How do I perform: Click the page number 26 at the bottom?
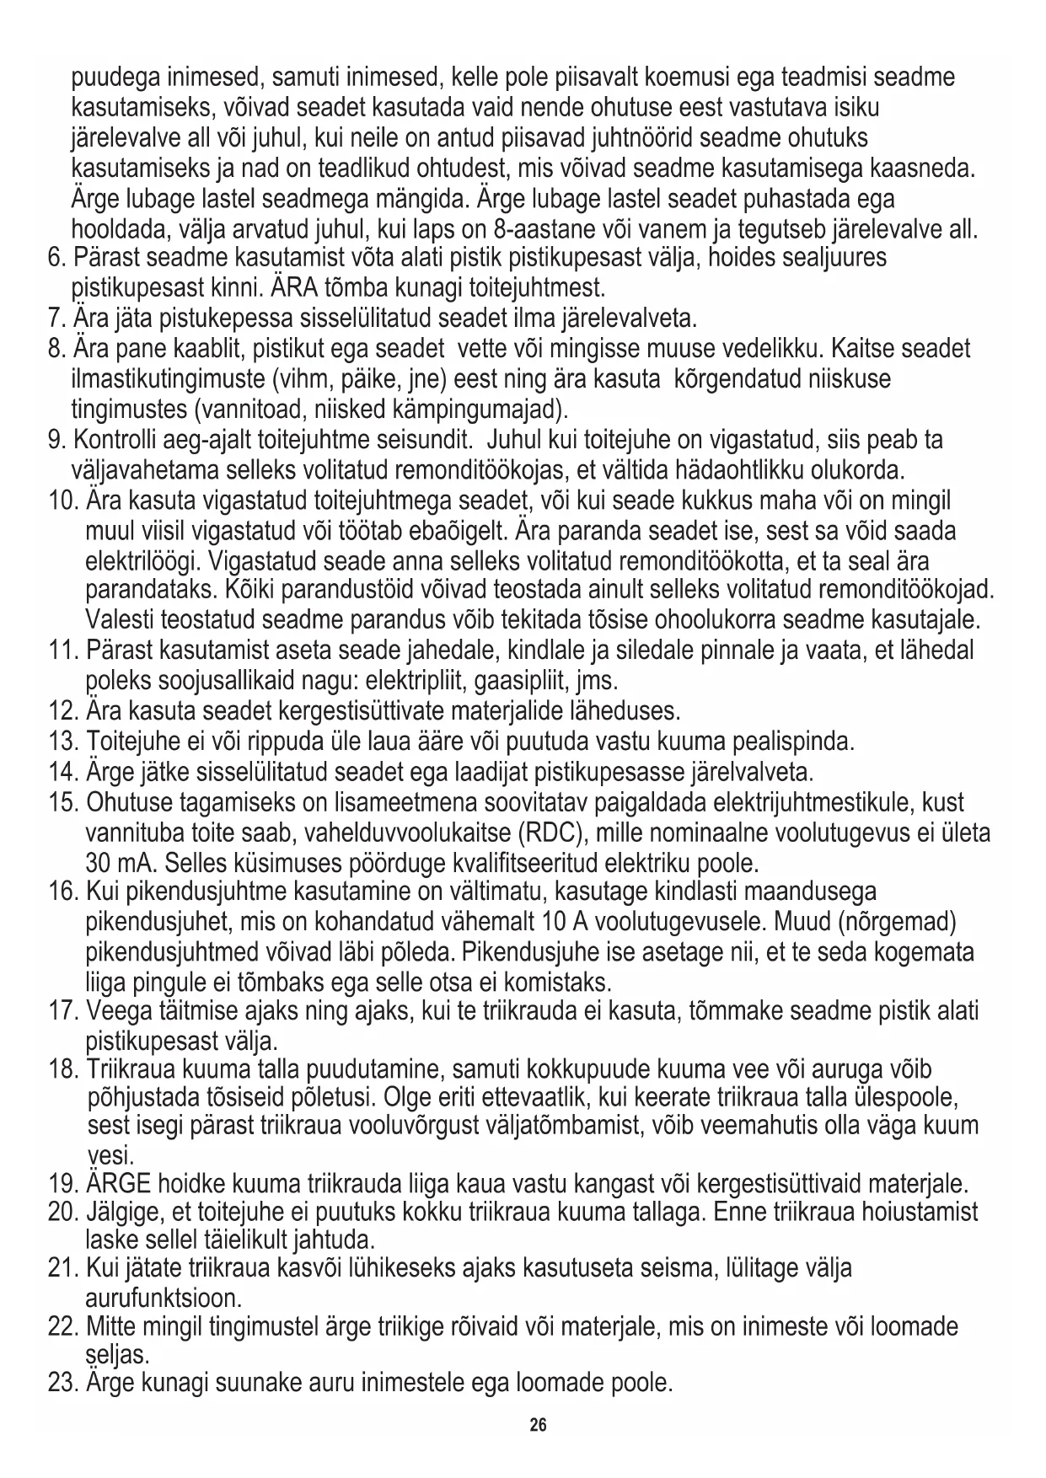[x=538, y=1425]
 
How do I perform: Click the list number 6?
[x=56, y=257]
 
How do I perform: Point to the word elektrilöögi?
[x=142, y=561]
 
